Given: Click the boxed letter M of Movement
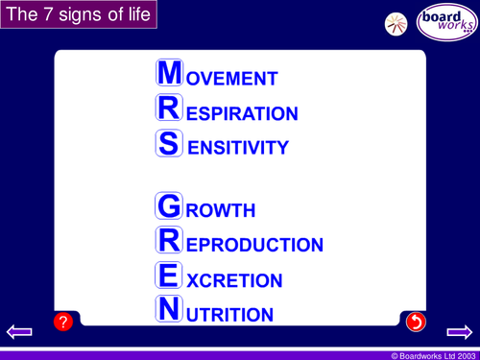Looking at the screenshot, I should click(x=169, y=75).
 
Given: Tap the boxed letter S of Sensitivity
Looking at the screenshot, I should click(x=169, y=144).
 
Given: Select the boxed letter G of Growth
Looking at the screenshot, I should click(x=169, y=206).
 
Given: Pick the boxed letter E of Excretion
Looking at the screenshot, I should click(x=169, y=276).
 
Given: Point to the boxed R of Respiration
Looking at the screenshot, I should click(x=169, y=109).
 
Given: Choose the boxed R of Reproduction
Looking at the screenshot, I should click(x=169, y=242).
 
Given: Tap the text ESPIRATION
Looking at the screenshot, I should click(x=242, y=114).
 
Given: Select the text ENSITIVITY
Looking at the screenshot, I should click(x=237, y=149).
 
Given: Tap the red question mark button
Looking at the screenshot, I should click(x=63, y=323).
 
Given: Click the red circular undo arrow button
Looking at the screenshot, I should click(x=416, y=323).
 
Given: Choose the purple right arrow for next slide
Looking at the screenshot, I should click(x=460, y=332).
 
